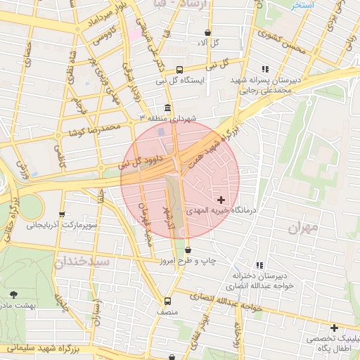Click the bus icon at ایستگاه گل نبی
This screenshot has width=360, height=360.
tap(180, 70)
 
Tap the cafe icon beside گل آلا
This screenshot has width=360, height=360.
tap(207, 33)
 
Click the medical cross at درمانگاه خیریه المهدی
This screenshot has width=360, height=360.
tap(221, 200)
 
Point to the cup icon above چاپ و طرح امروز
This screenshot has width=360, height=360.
tap(188, 250)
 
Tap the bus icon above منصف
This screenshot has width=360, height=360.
tap(167, 300)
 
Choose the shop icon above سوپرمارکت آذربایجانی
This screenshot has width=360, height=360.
tap(62, 215)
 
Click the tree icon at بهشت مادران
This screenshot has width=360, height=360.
tap(15, 294)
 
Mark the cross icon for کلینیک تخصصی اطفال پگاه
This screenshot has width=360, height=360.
tap(334, 328)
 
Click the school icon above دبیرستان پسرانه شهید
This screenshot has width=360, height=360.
tap(265, 69)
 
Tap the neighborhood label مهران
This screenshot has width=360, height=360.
tap(303, 227)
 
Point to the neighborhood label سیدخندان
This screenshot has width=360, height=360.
tap(82, 262)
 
